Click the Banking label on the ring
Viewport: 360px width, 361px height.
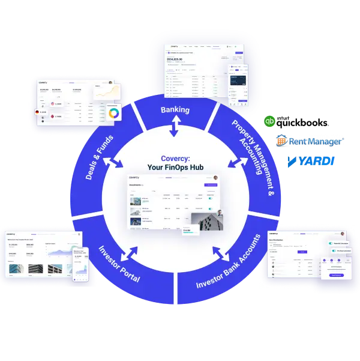(x=175, y=110)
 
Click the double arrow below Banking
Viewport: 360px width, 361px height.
(x=175, y=127)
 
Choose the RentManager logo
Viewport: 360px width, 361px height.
(x=310, y=142)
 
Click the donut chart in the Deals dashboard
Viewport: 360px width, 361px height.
(x=113, y=112)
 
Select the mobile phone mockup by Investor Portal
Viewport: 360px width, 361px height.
(x=80, y=264)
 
